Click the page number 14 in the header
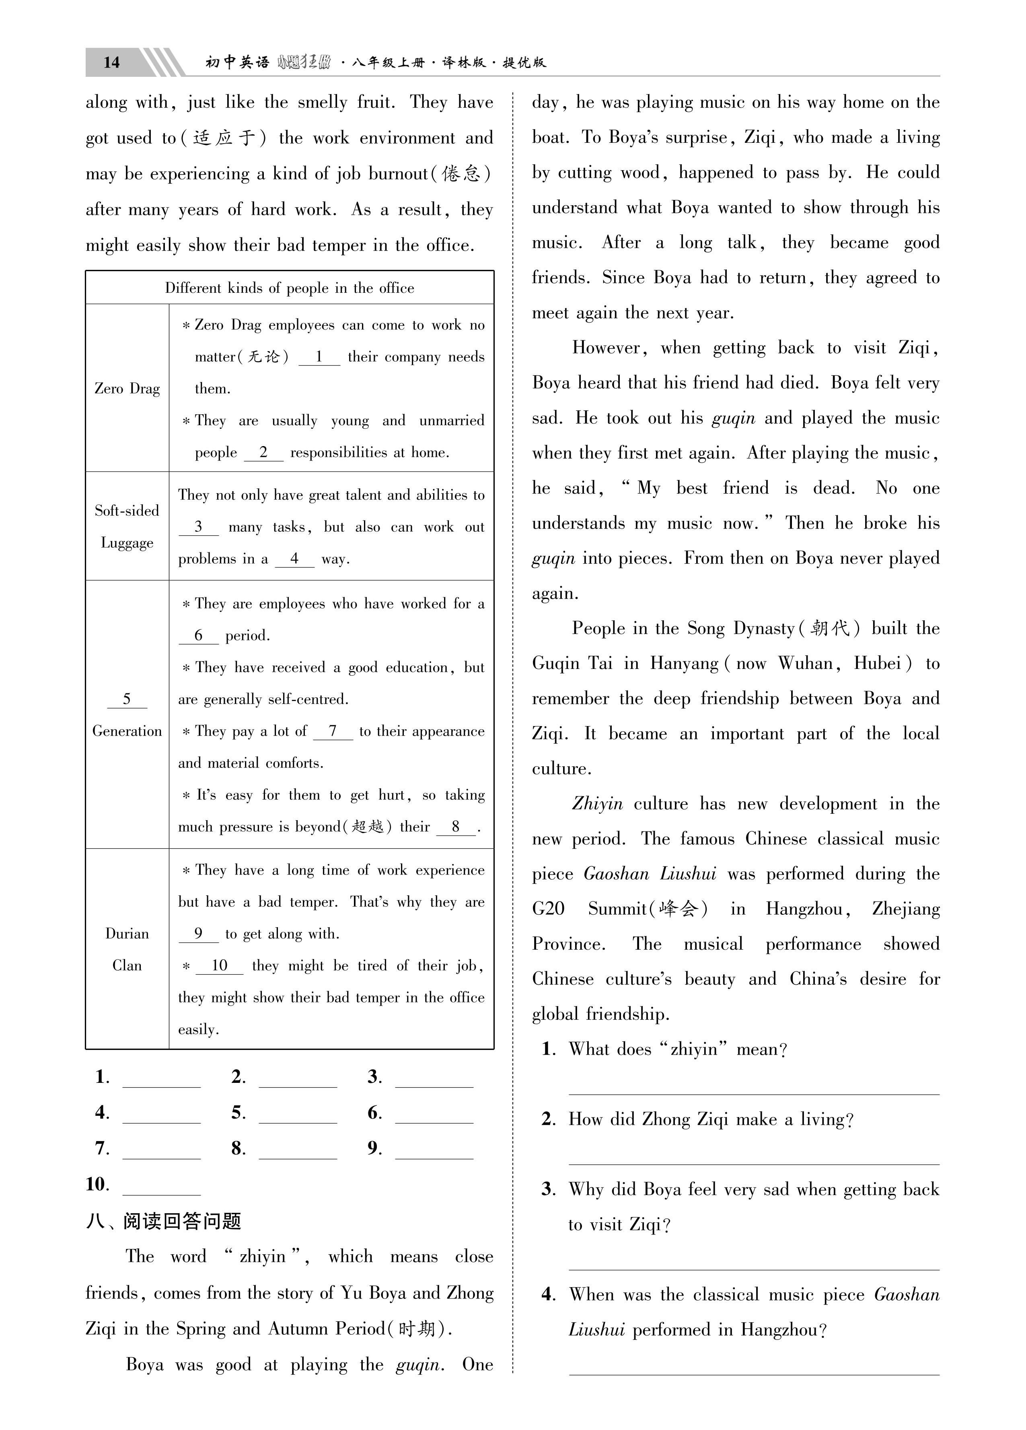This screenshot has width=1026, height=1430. click(x=111, y=62)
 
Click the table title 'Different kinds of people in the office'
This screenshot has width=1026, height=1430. click(x=290, y=288)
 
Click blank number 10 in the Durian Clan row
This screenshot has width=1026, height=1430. click(x=220, y=966)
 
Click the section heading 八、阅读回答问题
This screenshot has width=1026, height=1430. click(x=164, y=1221)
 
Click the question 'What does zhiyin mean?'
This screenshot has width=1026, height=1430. click(x=678, y=1049)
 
